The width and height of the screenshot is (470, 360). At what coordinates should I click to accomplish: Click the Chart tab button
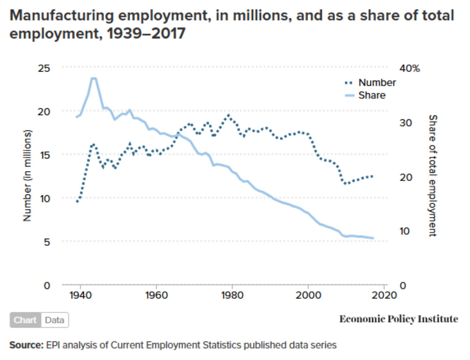click(x=25, y=320)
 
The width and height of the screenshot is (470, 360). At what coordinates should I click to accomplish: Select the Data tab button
click(x=54, y=320)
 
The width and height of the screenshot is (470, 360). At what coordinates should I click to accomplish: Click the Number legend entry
click(x=377, y=83)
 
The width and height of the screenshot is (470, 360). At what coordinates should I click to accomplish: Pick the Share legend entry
click(x=371, y=95)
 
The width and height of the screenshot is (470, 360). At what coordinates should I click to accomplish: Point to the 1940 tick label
click(x=80, y=295)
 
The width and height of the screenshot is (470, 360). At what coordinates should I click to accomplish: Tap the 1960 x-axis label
click(x=156, y=295)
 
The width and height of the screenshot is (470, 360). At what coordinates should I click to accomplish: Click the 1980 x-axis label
click(x=232, y=295)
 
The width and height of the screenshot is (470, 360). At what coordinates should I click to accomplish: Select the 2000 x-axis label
click(x=308, y=295)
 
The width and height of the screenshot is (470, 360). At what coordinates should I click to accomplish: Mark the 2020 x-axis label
click(x=384, y=295)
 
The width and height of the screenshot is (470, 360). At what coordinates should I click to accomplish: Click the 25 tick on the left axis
click(x=44, y=68)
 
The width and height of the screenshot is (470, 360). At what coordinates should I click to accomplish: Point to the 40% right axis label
click(x=410, y=68)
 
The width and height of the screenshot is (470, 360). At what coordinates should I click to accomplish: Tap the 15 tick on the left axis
click(x=45, y=155)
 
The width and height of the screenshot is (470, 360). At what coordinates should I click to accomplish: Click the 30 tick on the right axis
click(x=406, y=123)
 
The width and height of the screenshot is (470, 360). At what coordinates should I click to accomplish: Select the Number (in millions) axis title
click(x=27, y=176)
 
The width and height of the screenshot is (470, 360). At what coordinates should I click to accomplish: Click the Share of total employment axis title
click(x=433, y=176)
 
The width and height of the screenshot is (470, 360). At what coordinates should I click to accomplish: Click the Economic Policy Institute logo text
click(x=398, y=319)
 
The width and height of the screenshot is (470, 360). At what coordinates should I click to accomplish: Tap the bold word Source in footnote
click(x=26, y=345)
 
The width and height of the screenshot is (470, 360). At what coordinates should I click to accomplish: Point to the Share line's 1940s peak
click(x=94, y=79)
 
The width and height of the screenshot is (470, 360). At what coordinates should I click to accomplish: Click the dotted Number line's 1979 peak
click(x=228, y=115)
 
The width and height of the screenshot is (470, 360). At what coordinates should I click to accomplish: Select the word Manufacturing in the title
click(x=62, y=16)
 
